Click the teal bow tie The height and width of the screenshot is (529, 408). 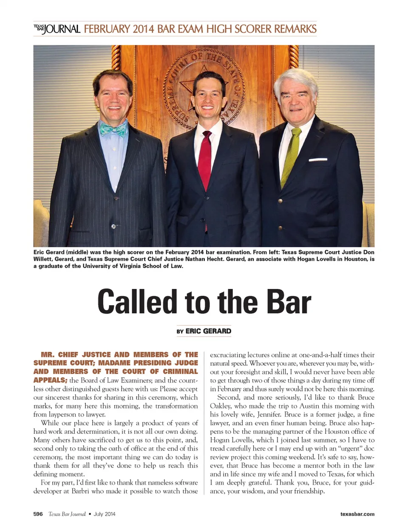(x=113, y=128)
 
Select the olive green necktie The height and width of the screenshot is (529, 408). (x=291, y=153)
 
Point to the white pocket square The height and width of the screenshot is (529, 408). (x=317, y=160)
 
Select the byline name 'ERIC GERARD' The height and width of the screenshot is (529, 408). (x=208, y=331)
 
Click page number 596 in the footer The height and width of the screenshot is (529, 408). (x=38, y=514)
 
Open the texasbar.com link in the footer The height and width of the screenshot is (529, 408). (x=357, y=514)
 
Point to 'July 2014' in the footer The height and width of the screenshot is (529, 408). (x=105, y=514)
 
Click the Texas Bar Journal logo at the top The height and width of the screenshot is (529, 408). (x=57, y=29)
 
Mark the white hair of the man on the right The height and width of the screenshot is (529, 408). (x=295, y=79)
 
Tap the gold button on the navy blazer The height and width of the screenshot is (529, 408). (x=280, y=200)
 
